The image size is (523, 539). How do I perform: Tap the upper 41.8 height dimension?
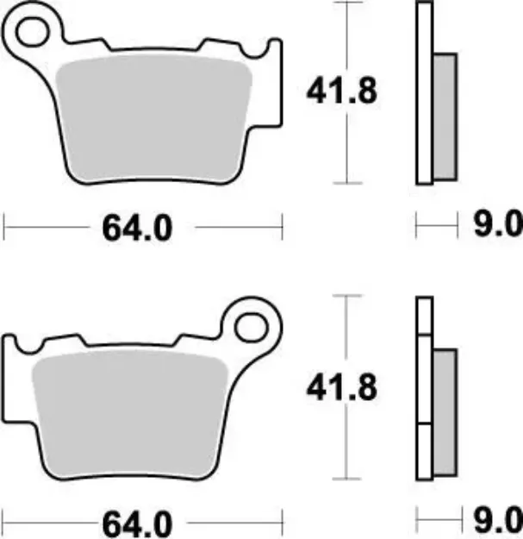pos(341,91)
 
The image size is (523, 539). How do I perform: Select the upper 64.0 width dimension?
pos(137,229)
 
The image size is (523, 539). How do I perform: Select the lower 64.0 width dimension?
pos(137,523)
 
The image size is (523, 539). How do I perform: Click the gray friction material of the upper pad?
pos(155,121)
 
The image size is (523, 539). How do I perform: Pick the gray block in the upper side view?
pos(443,116)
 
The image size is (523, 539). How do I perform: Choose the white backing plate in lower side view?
pos(423,388)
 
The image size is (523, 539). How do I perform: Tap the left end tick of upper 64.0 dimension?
pos(6,229)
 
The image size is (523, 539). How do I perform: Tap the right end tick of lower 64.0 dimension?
pos(283,523)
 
